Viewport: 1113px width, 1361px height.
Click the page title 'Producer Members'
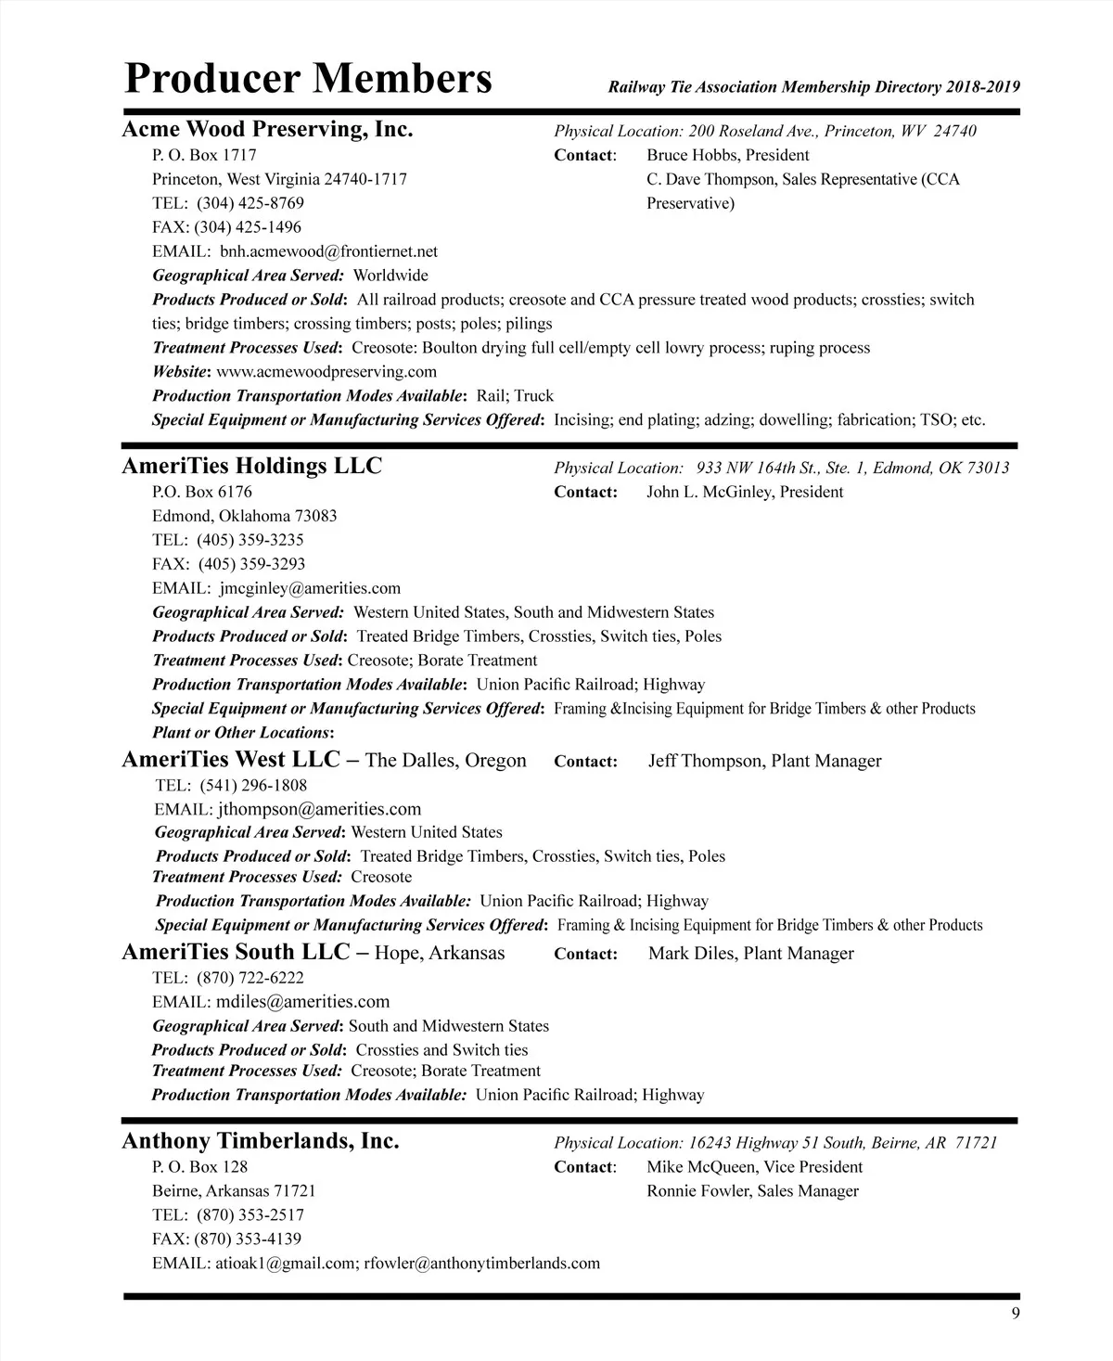pos(308,79)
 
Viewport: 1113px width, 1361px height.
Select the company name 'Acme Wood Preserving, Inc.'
pos(268,129)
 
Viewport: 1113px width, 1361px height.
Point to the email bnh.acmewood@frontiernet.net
pos(328,251)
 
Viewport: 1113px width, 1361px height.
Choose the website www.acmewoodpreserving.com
pos(326,372)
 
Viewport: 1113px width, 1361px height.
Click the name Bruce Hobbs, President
pos(727,155)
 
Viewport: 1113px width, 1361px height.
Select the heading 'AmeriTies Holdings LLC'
pos(252,466)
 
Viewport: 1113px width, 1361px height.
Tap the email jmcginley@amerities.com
pos(310,588)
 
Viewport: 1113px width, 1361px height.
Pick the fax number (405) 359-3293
pos(250,564)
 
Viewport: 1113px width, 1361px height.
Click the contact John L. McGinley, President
pos(745,492)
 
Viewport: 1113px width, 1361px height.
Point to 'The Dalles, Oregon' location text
pos(446,761)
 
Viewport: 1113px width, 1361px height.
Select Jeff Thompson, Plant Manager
pos(765,761)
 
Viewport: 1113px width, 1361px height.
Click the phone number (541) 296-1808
pos(253,785)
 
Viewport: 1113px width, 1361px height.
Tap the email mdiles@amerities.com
pos(302,1002)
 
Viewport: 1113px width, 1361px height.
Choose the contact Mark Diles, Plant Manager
pos(751,953)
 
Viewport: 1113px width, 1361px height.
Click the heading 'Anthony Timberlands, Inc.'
pos(261,1141)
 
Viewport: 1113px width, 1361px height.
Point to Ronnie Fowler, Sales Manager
pos(752,1191)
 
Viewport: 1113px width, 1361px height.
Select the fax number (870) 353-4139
pos(248,1239)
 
